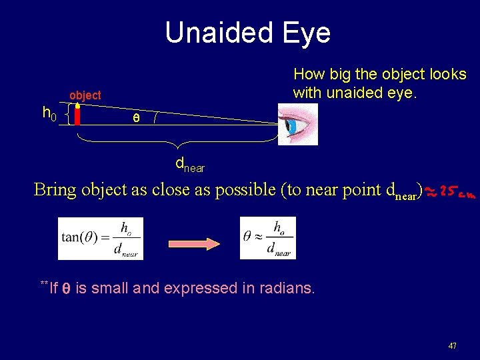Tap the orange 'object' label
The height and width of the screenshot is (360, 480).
pos(85,95)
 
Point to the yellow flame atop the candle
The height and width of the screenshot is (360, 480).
pos(77,105)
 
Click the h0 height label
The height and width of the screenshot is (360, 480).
pos(49,115)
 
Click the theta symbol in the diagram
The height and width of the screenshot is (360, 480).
pos(136,119)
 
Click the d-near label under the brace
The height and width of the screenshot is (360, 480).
pos(189,164)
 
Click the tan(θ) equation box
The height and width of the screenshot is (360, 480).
pos(100,238)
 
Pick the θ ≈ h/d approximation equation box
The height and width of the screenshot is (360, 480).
pos(267,238)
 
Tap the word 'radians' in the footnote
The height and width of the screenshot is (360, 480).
pos(285,288)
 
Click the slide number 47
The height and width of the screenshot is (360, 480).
pos(453,346)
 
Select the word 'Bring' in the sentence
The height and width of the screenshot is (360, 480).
pos(55,190)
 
